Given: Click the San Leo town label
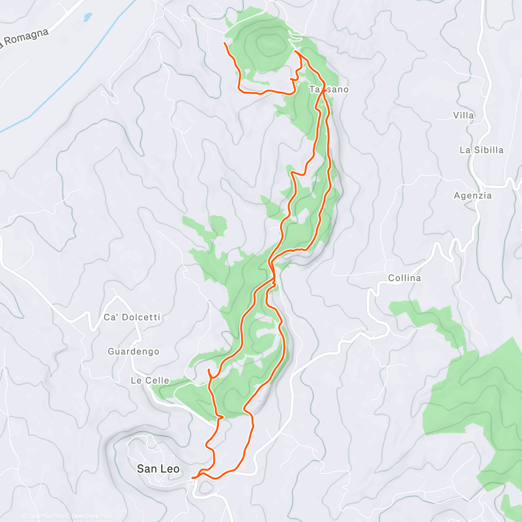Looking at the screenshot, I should tap(158, 469).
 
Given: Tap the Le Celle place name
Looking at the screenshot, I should tap(150, 381).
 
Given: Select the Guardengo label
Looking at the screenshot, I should tap(134, 351).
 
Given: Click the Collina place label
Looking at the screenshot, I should tap(405, 278).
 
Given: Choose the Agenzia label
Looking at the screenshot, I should tap(473, 196).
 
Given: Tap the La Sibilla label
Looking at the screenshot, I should tap(482, 150).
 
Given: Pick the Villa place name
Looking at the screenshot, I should tap(463, 115).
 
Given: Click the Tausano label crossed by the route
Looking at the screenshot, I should tap(329, 90).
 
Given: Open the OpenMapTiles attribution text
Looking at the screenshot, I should tap(43, 516).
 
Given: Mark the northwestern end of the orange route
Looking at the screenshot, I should tap(224, 43).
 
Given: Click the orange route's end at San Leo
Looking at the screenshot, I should tap(192, 478).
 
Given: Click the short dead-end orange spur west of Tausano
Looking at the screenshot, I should tap(291, 79).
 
